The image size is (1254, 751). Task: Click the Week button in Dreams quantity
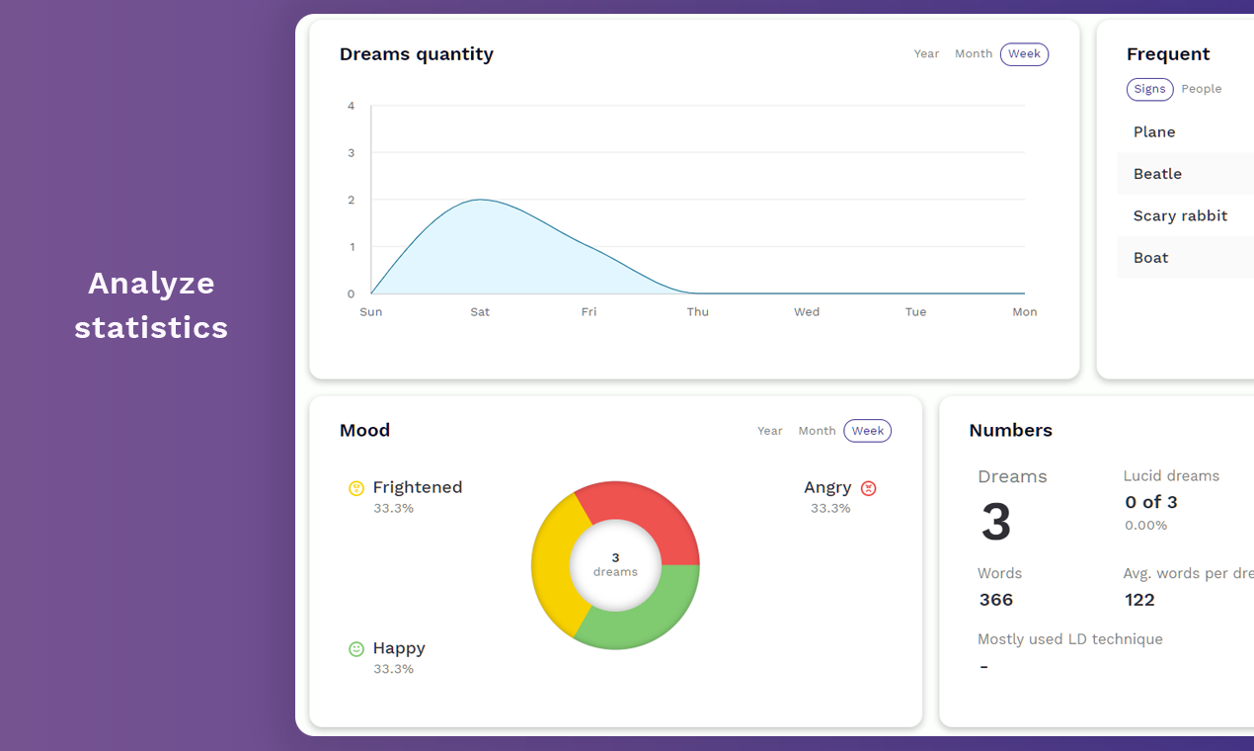coord(1024,54)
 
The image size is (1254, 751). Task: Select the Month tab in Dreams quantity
coord(973,54)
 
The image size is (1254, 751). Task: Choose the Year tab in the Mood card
coord(769,431)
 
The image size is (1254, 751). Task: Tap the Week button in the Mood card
coord(867,431)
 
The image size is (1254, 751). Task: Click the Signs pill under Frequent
coord(1149,89)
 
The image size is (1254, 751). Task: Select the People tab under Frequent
coord(1201,89)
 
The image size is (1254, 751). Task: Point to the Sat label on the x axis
coord(480,312)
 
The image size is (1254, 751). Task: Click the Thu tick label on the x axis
coord(697,312)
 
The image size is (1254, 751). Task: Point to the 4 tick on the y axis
coord(351,106)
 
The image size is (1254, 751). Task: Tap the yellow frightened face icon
coord(356,488)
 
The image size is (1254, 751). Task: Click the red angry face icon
coord(868,488)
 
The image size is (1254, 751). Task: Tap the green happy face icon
coord(356,649)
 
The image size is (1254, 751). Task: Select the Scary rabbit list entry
coord(1180,215)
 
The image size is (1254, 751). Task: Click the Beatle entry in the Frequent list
coord(1157,174)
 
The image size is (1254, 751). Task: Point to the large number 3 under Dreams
coord(995,523)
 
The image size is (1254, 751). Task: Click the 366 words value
coord(995,600)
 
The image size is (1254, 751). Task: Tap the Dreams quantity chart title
coord(416,54)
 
